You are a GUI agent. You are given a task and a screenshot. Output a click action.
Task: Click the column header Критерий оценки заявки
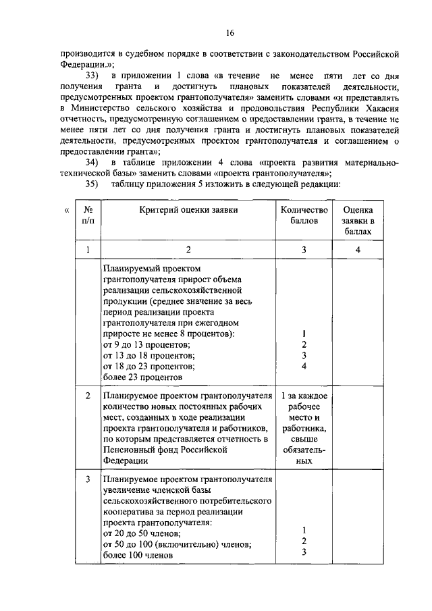point(188,210)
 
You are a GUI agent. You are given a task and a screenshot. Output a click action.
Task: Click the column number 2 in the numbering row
point(188,250)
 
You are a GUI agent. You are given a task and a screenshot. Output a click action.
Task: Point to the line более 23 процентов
point(142,377)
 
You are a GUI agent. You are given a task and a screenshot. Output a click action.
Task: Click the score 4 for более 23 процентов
point(304,367)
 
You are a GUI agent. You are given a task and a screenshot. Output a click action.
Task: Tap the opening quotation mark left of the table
point(66,211)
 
